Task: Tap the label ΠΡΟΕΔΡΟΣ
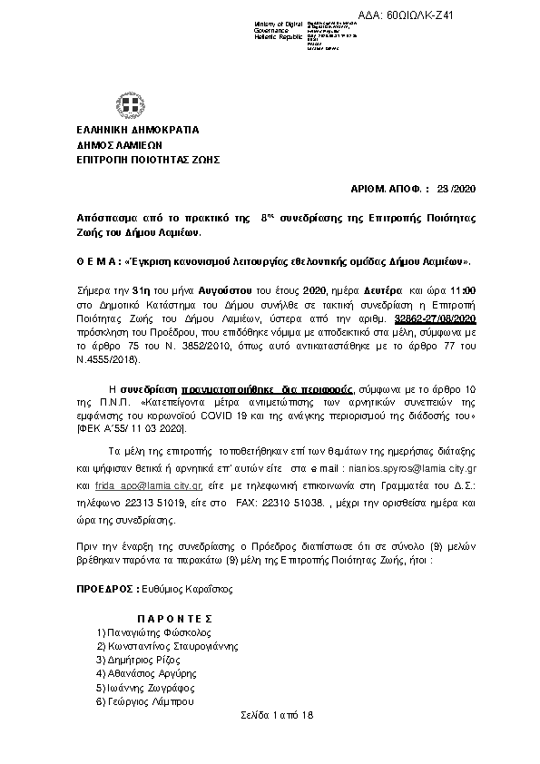point(104,589)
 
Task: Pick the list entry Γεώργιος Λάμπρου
point(142,701)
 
